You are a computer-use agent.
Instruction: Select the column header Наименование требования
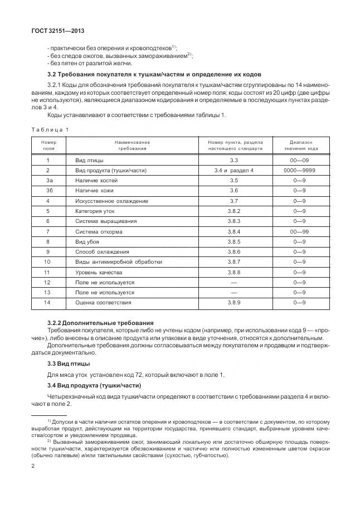(132, 146)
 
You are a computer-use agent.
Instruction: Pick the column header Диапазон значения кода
(301, 146)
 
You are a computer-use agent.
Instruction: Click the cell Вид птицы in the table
(89, 160)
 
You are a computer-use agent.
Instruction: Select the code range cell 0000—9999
(301, 170)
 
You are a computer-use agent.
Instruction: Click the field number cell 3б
(48, 191)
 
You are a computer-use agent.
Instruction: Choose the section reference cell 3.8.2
(233, 211)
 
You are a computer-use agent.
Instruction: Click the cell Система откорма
(99, 231)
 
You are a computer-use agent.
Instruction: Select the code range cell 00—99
(301, 231)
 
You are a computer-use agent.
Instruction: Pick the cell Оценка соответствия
(103, 302)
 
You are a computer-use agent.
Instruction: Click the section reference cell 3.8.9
(233, 302)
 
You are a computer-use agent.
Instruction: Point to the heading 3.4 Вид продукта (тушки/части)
(94, 386)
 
